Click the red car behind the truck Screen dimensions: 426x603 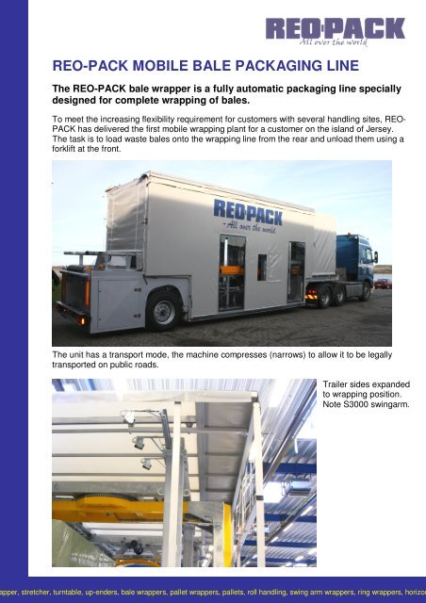click(383, 283)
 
